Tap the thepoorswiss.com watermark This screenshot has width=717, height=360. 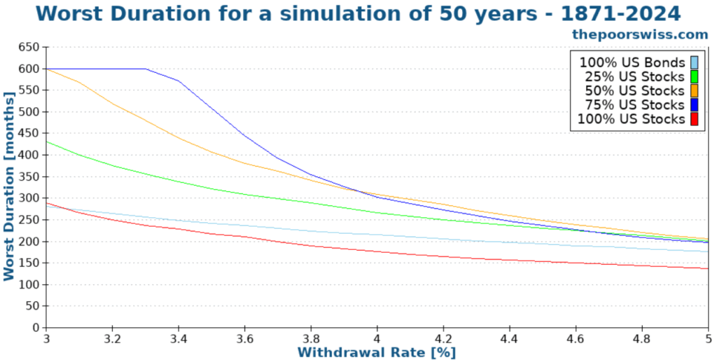[x=640, y=34]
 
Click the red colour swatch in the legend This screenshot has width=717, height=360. [x=694, y=119]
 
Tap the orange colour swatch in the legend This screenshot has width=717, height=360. [x=694, y=91]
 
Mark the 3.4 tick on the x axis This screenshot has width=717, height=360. [x=179, y=337]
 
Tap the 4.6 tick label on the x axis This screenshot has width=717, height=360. [x=576, y=337]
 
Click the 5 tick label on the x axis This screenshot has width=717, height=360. [x=708, y=337]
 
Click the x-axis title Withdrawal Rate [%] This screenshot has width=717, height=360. [x=377, y=352]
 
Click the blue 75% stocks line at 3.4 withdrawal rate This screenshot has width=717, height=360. [x=179, y=81]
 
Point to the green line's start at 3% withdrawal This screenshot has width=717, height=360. [x=47, y=142]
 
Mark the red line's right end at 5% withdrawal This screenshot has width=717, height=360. [x=708, y=268]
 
